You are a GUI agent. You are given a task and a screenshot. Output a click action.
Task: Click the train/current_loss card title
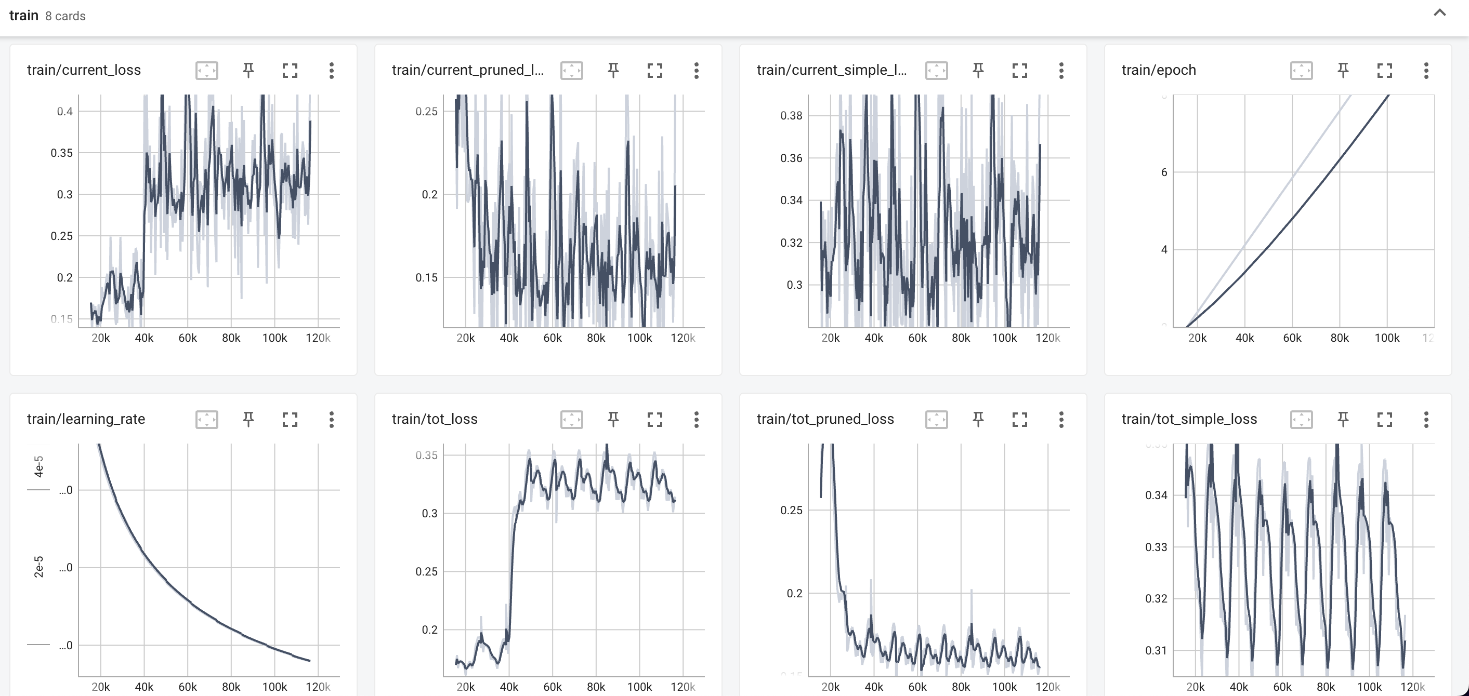pos(84,70)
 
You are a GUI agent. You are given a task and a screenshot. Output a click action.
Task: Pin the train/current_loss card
pos(248,70)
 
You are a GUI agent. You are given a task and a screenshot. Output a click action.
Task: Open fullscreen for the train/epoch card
pos(1384,70)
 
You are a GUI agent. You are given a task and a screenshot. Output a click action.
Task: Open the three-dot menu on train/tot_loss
pos(696,420)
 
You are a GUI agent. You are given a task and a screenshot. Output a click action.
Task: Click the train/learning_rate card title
pos(86,419)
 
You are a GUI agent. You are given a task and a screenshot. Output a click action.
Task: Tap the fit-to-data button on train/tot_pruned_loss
pos(936,420)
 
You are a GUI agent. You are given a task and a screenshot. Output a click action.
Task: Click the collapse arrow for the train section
pos(1439,13)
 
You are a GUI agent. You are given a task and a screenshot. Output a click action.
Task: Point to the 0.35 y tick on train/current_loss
pos(61,153)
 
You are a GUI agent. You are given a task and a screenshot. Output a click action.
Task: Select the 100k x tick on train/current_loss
pos(274,338)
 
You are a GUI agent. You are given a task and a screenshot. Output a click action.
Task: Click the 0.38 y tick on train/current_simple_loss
pos(791,116)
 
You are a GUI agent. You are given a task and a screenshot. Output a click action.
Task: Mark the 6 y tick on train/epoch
pos(1164,172)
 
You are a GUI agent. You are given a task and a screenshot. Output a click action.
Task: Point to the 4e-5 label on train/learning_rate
pos(39,466)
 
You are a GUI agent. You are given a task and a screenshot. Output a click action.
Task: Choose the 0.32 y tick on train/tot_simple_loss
pos(1156,598)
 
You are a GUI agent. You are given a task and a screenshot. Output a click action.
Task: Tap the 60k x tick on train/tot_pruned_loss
pos(917,687)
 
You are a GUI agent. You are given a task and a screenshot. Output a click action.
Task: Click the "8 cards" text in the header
pos(65,16)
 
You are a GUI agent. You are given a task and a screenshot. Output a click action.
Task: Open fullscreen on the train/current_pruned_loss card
pos(654,70)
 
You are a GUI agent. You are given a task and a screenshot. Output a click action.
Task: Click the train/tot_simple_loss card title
pos(1189,419)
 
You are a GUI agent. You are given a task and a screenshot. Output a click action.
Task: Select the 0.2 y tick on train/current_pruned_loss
pos(429,194)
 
